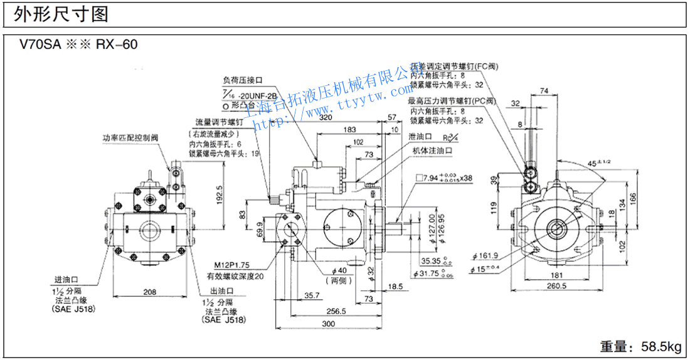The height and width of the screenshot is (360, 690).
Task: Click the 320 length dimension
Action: [326, 117]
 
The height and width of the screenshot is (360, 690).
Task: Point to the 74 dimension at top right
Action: [543, 92]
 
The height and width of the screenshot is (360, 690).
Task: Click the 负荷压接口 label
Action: [242, 80]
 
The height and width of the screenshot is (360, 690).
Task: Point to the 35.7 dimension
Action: [312, 295]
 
